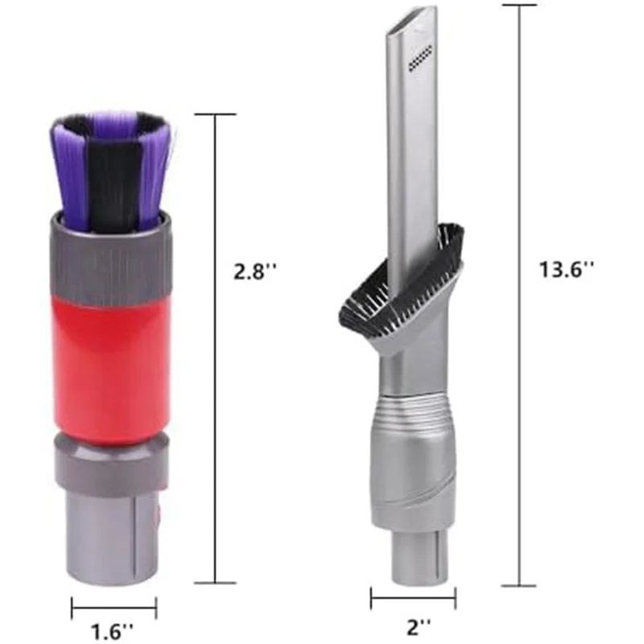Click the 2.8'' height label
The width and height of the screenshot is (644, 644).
(x=255, y=272)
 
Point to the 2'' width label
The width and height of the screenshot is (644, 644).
(x=415, y=625)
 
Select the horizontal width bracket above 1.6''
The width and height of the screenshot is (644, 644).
(x=114, y=608)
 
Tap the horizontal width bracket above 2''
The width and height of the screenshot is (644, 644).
(x=413, y=598)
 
